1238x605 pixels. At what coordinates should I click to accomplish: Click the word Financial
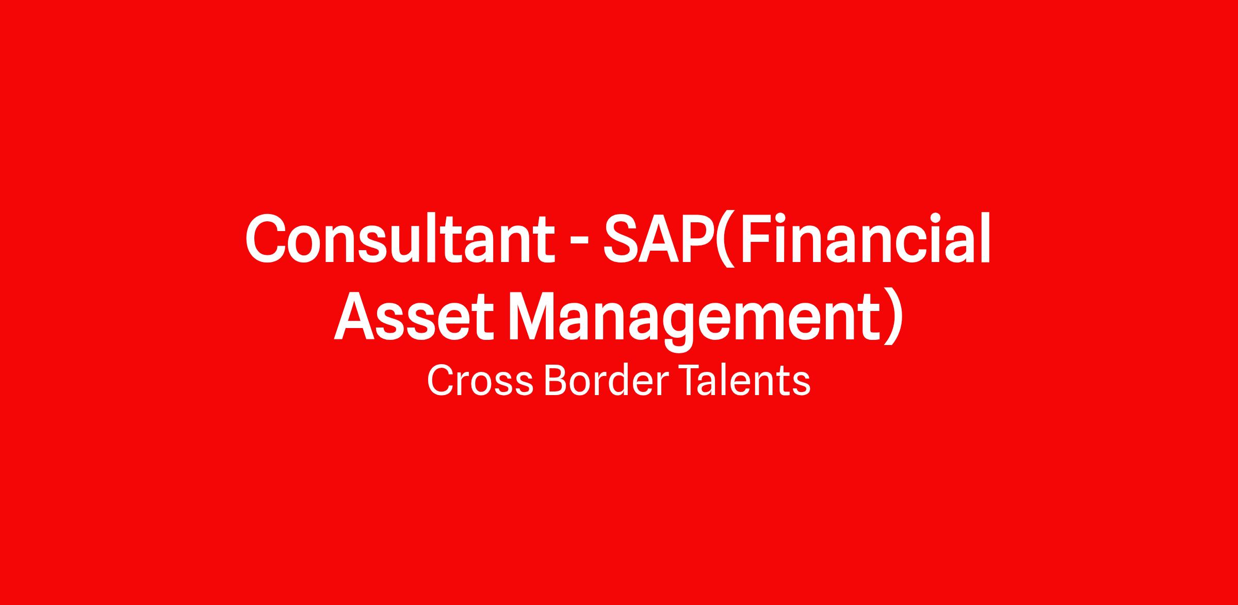tap(866, 238)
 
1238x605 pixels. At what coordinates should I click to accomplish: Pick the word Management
tap(693, 320)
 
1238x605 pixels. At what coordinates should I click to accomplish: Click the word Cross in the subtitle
tap(480, 381)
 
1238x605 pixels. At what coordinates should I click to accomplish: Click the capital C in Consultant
tap(266, 239)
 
